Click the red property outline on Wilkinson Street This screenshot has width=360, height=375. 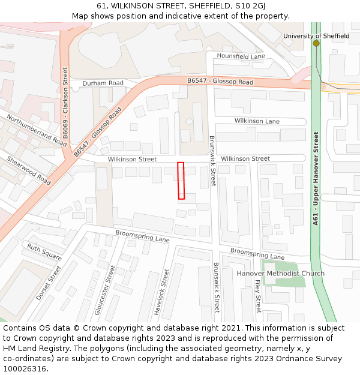click(181, 181)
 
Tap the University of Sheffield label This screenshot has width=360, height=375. click(316, 36)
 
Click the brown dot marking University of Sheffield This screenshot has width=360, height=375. click(316, 43)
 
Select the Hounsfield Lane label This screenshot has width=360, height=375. click(241, 56)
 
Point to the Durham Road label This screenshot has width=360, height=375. click(103, 83)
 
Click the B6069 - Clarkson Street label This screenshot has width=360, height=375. click(65, 93)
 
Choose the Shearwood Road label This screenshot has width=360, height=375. click(29, 170)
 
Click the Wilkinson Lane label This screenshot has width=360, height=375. click(257, 121)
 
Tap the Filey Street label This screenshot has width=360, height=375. click(258, 296)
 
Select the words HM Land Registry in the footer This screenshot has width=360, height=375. click(34, 348)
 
